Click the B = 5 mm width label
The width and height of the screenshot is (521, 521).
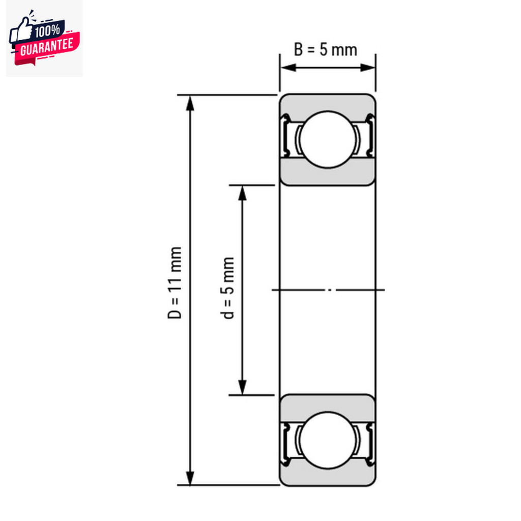[326, 50]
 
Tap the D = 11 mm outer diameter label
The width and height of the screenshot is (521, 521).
[175, 283]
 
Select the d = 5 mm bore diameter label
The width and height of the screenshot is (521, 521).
[229, 288]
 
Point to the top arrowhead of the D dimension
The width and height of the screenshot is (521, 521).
[190, 102]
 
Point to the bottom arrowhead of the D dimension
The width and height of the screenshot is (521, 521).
[190, 478]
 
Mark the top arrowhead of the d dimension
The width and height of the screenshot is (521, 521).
[243, 193]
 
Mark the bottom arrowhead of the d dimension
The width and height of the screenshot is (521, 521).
[243, 387]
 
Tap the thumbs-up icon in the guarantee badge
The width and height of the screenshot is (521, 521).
[21, 32]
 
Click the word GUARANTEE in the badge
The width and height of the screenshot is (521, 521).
[47, 47]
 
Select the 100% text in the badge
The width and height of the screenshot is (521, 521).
[49, 32]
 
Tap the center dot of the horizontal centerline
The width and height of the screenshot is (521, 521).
[330, 290]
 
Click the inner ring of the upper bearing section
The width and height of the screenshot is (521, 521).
[327, 176]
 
